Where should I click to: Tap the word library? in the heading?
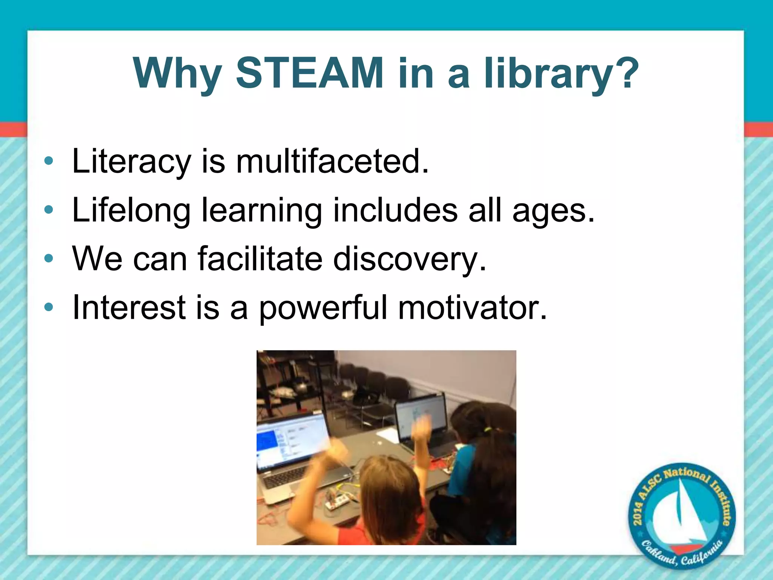tap(561, 74)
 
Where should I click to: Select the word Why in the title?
tap(177, 74)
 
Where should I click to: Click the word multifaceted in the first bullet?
tap(332, 161)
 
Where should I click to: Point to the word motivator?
tap(472, 307)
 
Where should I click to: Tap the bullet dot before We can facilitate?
tap(49, 259)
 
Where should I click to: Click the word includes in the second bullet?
tap(395, 211)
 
